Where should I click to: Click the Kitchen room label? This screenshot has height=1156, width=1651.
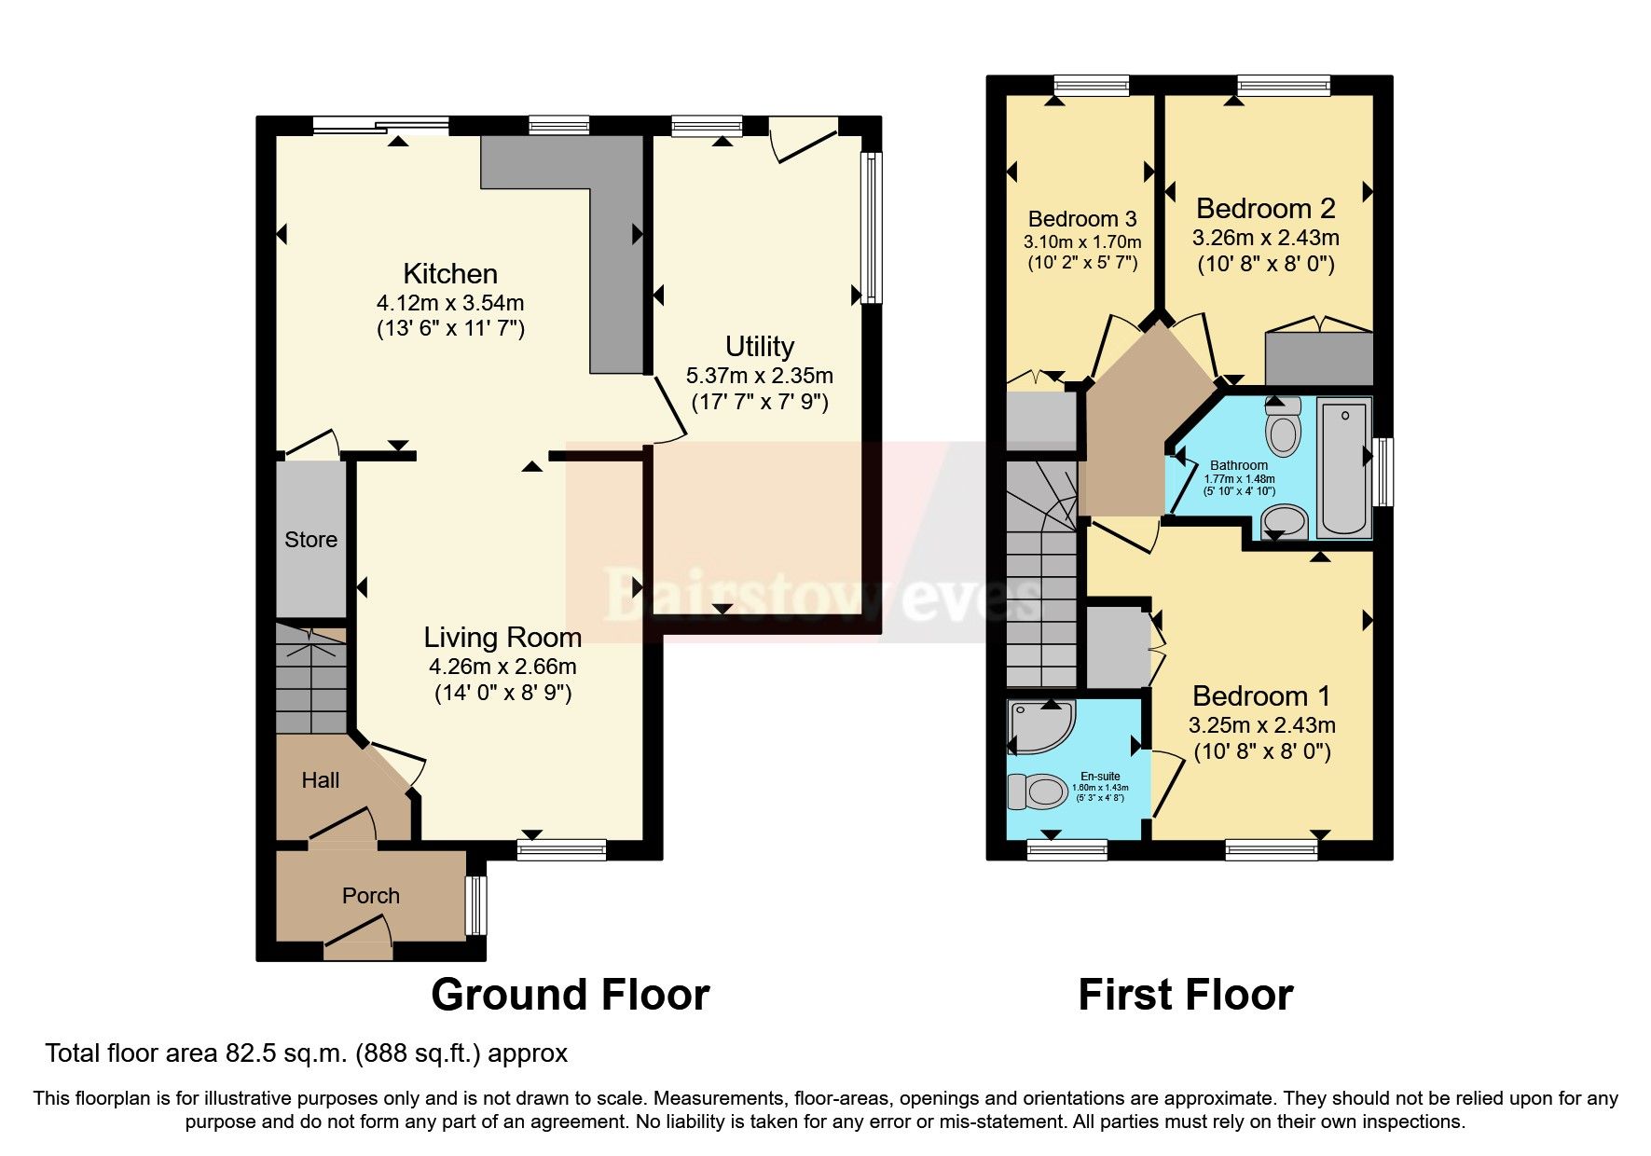450,273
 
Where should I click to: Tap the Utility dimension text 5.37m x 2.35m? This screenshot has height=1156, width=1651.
759,376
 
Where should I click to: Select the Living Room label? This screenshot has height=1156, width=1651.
502,637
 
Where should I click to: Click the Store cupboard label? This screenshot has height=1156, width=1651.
310,539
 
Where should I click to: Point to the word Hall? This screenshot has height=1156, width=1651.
320,780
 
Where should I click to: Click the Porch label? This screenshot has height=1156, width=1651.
370,895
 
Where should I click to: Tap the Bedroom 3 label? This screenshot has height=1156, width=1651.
1081,219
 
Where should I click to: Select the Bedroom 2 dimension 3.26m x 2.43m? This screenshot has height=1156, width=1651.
1265,238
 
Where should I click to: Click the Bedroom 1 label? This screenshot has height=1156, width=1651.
1260,695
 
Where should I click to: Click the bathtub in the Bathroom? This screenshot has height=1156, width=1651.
1344,466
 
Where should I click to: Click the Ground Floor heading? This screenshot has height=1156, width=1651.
570,995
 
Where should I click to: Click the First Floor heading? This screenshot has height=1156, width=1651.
1185,995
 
